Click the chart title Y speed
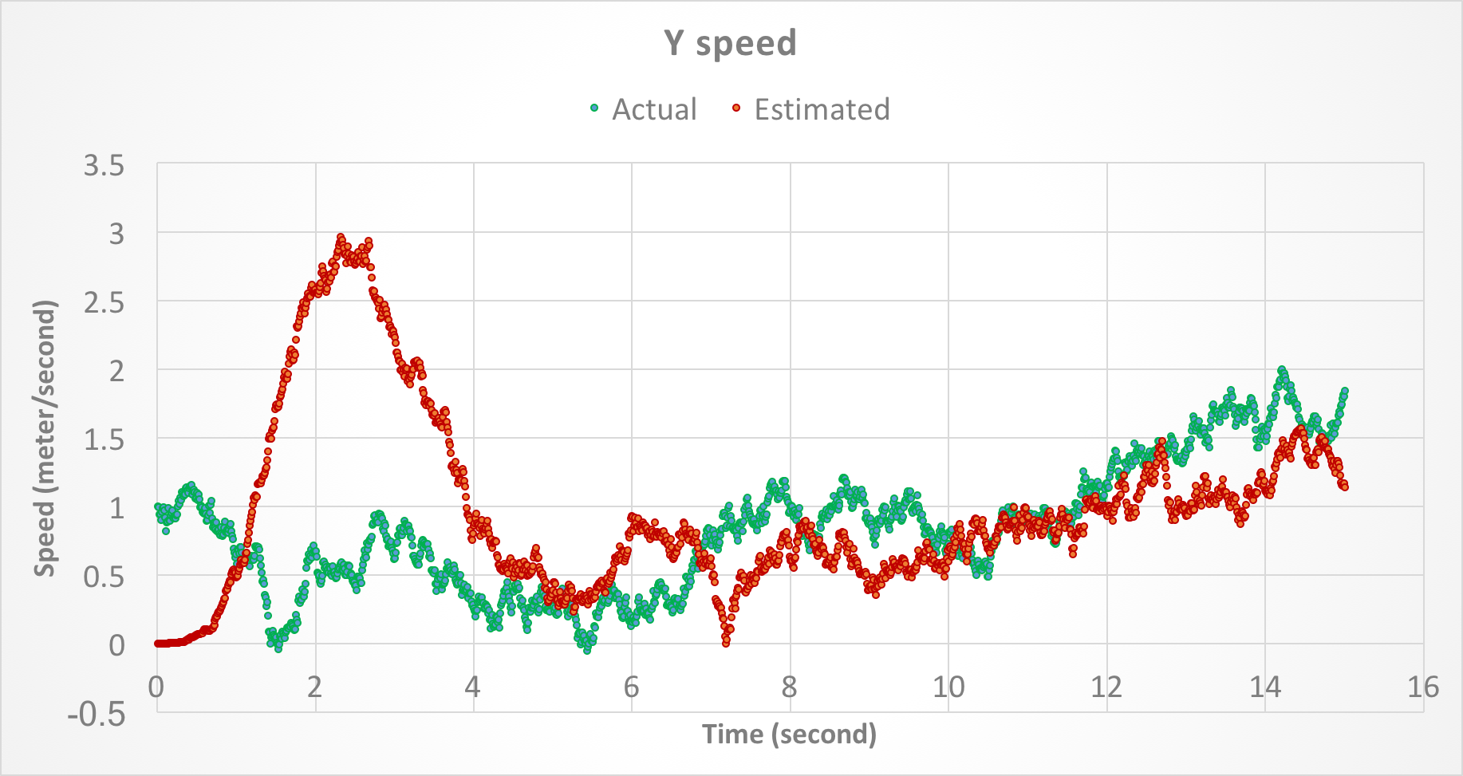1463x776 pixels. click(x=730, y=43)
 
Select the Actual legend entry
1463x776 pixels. click(x=654, y=109)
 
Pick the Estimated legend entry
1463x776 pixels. click(x=822, y=109)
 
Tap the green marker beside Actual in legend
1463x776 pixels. click(x=594, y=108)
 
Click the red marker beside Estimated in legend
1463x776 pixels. click(x=736, y=108)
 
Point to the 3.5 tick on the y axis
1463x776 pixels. click(x=104, y=166)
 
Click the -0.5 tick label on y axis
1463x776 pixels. click(x=97, y=714)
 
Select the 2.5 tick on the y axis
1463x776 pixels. click(x=104, y=303)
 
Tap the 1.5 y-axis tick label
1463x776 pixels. click(x=104, y=440)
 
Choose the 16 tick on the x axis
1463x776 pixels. click(x=1422, y=687)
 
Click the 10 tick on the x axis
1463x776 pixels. click(x=948, y=687)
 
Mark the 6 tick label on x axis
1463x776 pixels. click(x=631, y=687)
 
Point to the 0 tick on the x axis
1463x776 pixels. click(x=156, y=687)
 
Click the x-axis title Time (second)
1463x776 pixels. click(x=789, y=734)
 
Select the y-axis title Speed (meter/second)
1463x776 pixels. click(x=45, y=438)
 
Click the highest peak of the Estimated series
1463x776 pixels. click(x=341, y=238)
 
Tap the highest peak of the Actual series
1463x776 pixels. click(x=1282, y=370)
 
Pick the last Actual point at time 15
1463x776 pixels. click(x=1344, y=391)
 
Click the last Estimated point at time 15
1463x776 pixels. click(x=1345, y=486)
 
